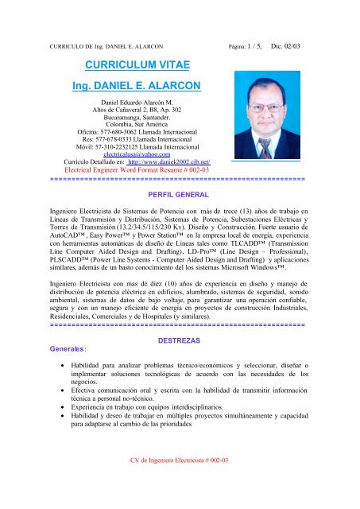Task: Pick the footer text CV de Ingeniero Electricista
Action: (176, 482)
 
